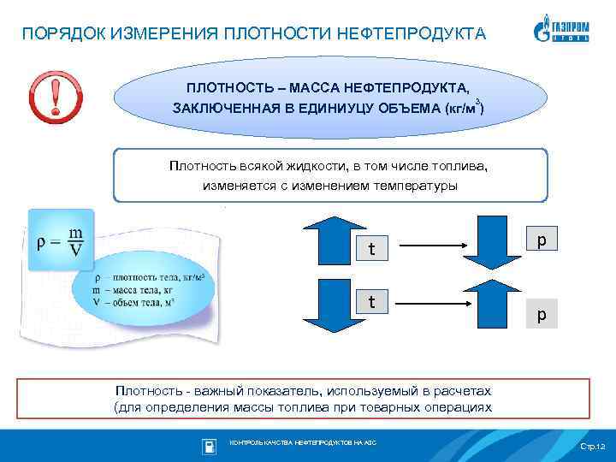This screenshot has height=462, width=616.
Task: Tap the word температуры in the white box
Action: [415, 185]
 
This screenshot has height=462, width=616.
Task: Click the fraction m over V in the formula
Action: [76, 240]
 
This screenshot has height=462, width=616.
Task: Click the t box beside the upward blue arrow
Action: [371, 249]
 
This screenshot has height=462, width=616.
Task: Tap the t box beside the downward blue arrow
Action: [371, 302]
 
